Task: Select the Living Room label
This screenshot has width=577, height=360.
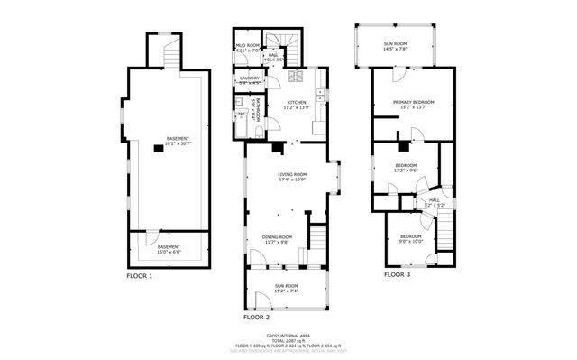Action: coord(293,177)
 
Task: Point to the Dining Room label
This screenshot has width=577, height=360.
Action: coord(276,239)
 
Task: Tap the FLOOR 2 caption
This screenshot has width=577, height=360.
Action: coord(257,318)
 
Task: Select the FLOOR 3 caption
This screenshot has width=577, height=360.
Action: coord(397,274)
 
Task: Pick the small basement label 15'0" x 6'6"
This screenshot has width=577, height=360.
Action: coord(169,249)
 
